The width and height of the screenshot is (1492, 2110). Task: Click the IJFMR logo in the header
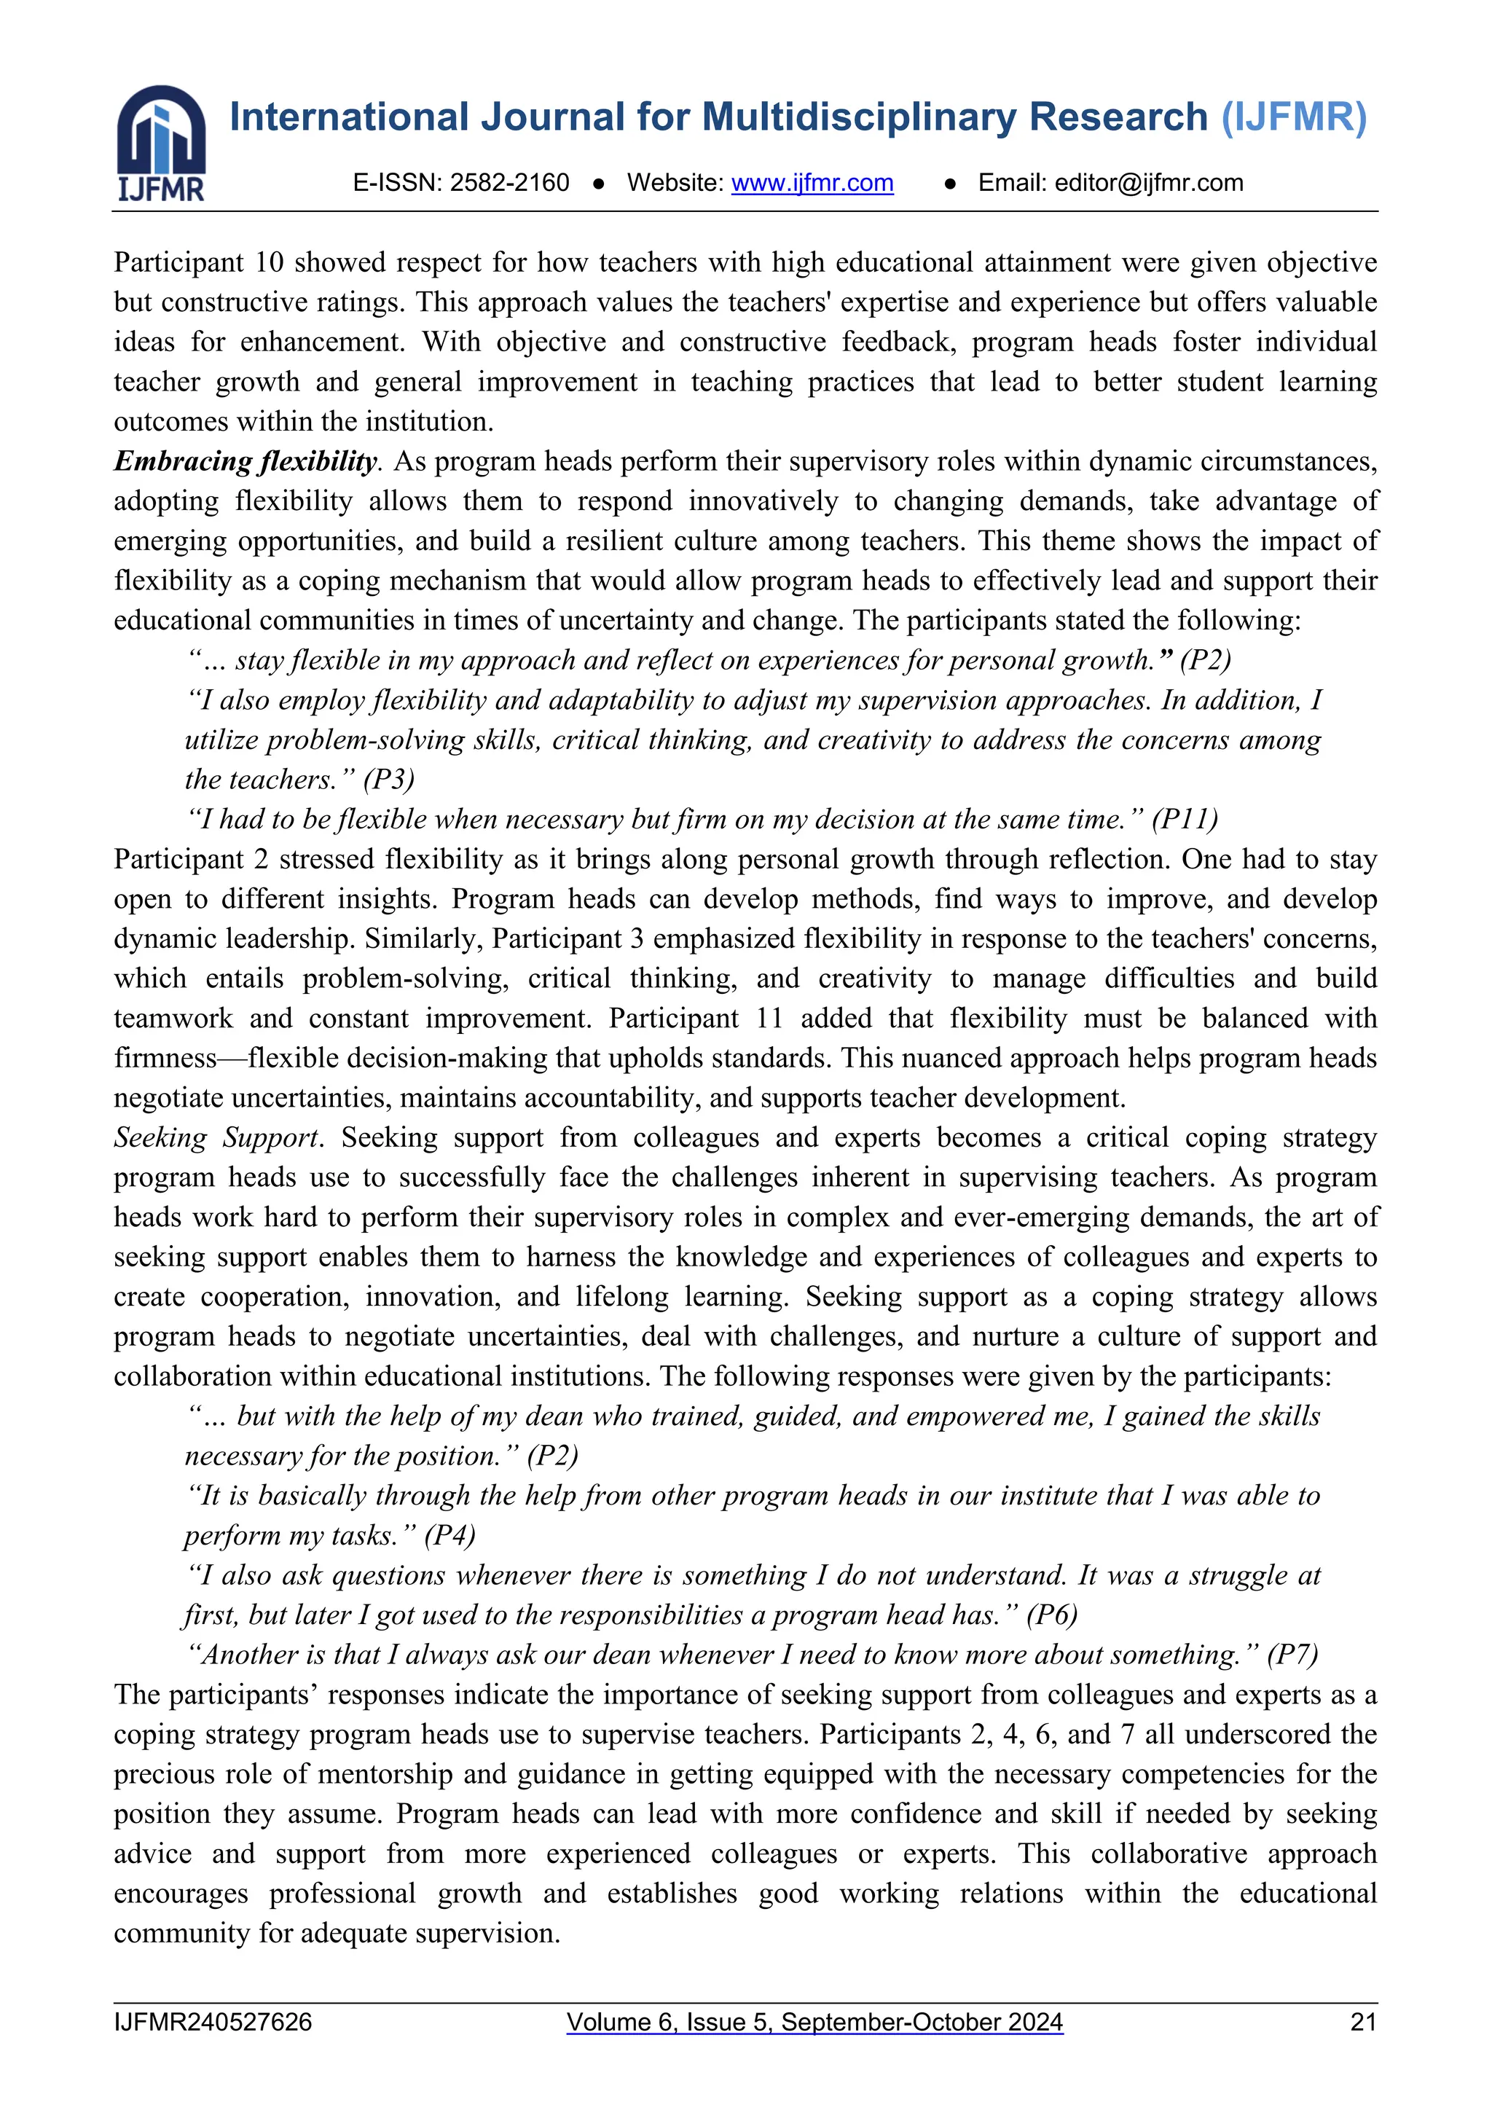coord(161,144)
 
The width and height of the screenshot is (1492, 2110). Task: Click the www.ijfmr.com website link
coord(812,183)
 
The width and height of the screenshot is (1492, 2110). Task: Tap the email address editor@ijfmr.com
coord(1148,183)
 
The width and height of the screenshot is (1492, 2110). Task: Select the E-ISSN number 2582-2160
coord(509,183)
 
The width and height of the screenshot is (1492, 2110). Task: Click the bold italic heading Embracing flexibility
coord(246,461)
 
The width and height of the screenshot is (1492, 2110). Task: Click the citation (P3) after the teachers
coord(388,780)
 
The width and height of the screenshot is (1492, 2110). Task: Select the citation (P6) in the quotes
coord(1052,1615)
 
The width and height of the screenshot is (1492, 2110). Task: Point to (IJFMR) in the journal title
coord(1294,117)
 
